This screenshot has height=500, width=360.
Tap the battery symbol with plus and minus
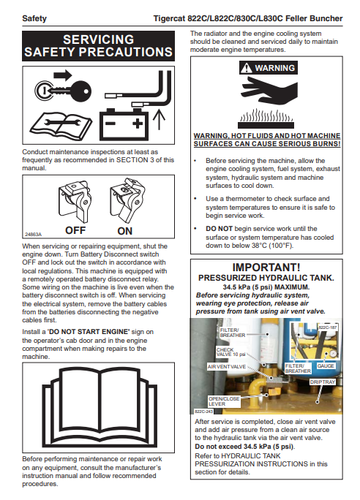click(124, 124)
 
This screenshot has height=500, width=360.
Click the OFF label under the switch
click(75, 230)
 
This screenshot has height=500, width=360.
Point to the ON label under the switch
click(125, 231)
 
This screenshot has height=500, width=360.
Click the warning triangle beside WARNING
click(246, 68)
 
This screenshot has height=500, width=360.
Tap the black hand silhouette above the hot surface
click(269, 91)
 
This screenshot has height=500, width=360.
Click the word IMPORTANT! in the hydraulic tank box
click(266, 268)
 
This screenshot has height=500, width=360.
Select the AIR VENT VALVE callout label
click(227, 367)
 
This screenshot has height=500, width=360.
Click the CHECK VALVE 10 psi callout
click(230, 352)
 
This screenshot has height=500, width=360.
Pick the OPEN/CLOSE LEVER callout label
click(224, 401)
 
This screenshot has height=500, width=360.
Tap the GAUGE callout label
click(326, 365)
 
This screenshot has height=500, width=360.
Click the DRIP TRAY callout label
click(323, 382)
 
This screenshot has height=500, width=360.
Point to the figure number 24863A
click(33, 235)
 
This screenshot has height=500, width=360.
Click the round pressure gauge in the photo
click(334, 354)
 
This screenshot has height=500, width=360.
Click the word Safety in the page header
click(34, 18)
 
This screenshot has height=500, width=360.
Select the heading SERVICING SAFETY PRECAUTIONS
click(98, 45)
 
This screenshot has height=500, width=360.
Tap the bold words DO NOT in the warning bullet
click(219, 229)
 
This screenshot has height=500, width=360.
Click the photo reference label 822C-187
click(328, 327)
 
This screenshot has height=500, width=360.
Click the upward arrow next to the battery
click(159, 120)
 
